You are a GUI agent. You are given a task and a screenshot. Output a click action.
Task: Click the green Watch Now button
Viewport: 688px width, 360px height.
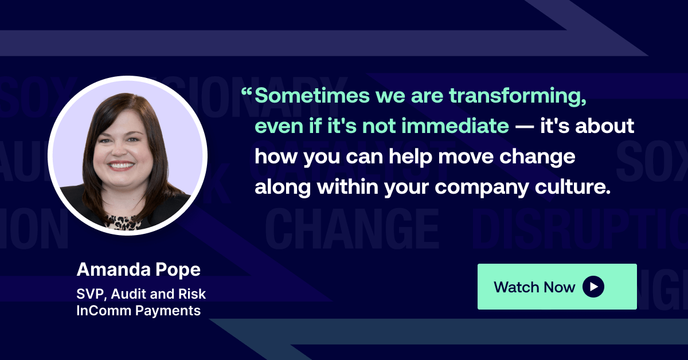[557, 287]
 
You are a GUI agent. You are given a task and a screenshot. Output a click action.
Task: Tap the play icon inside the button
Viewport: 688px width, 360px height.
[593, 287]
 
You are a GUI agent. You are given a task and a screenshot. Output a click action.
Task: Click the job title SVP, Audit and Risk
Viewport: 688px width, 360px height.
[141, 294]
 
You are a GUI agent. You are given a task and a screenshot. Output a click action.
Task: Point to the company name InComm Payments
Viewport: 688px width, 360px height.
[138, 311]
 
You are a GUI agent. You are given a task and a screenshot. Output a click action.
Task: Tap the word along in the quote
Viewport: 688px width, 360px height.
[283, 187]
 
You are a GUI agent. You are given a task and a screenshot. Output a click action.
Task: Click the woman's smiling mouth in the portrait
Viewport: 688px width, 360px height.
[121, 165]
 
